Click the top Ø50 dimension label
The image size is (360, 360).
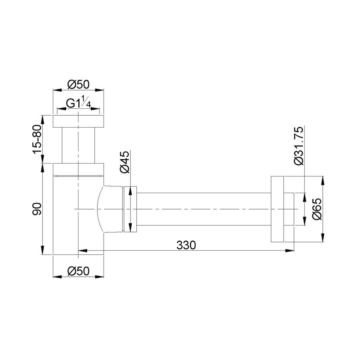click(78, 84)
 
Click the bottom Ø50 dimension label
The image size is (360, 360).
click(78, 271)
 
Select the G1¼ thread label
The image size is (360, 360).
click(78, 103)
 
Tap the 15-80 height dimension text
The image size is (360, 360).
click(37, 139)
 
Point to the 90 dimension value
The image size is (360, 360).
click(37, 209)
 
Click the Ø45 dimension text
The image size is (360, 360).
click(125, 162)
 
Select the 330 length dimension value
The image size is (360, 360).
click(186, 245)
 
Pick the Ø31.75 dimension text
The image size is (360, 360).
click(299, 146)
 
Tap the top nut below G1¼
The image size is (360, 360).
click(78, 121)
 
